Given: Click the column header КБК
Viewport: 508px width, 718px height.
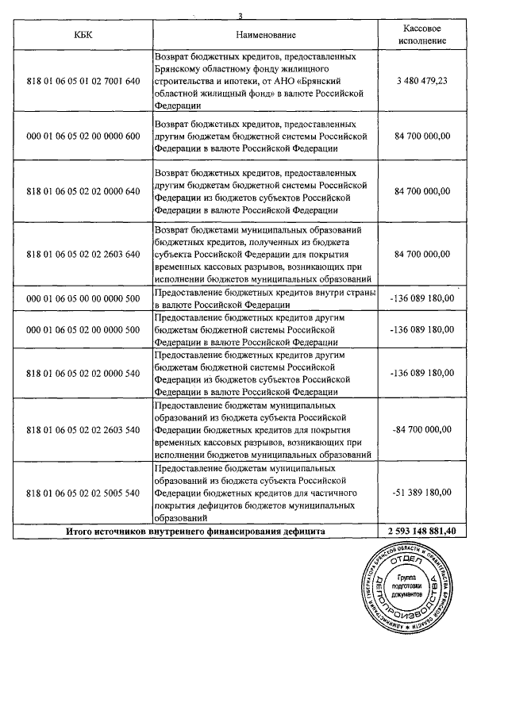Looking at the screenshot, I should pyautogui.click(x=83, y=35).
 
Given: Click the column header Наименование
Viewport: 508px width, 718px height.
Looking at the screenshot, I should pyautogui.click(x=266, y=35).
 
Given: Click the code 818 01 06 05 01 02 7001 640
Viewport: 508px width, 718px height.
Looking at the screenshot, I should pyautogui.click(x=83, y=81).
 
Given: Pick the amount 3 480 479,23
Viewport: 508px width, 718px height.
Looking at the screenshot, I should pyautogui.click(x=421, y=81).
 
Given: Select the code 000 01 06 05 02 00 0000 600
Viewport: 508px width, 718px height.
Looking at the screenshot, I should pyautogui.click(x=83, y=136).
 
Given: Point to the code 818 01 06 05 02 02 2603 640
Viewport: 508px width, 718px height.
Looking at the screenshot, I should pyautogui.click(x=83, y=254).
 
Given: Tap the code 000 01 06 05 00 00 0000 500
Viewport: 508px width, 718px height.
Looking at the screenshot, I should pyautogui.click(x=83, y=298).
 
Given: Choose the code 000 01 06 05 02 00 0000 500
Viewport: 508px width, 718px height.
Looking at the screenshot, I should pyautogui.click(x=83, y=330).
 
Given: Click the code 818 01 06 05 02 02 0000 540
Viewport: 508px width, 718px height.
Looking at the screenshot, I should pyautogui.click(x=83, y=373).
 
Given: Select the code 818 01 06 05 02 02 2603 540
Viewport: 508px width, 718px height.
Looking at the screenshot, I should pyautogui.click(x=83, y=428).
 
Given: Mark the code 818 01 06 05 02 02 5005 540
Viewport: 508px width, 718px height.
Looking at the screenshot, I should pyautogui.click(x=83, y=492).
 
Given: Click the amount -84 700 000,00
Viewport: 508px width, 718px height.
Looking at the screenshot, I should pyautogui.click(x=421, y=428).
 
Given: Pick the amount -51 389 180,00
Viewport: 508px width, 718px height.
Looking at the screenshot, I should pyautogui.click(x=421, y=492).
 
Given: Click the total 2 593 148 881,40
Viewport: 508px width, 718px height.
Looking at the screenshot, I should pyautogui.click(x=421, y=531).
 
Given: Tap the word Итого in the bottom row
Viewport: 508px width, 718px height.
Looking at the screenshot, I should pyautogui.click(x=82, y=531).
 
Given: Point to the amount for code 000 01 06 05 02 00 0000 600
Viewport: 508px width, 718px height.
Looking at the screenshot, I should pyautogui.click(x=421, y=136).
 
